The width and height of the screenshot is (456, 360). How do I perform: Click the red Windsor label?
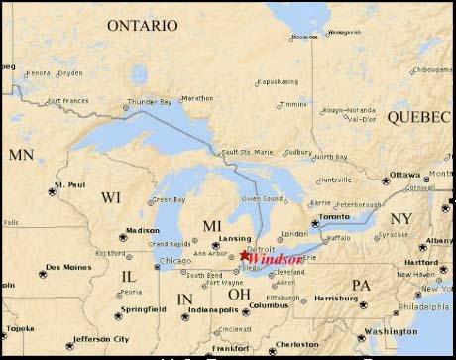[x=273, y=258]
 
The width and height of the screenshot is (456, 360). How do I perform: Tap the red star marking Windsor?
[x=245, y=255]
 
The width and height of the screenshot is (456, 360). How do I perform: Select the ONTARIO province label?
[x=142, y=24]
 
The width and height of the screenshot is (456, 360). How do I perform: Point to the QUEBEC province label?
[x=418, y=117]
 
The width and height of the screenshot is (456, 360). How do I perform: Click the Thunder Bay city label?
[x=151, y=101]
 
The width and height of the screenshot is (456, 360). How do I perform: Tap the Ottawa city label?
[x=404, y=175]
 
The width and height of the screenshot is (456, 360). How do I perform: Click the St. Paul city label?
[x=70, y=184]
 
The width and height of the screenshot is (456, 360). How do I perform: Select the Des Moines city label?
[x=68, y=267]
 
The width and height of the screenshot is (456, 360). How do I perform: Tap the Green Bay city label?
[x=169, y=200]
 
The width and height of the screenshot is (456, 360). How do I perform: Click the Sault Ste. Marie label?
[x=248, y=152]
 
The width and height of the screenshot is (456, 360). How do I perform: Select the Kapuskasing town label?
[x=279, y=82]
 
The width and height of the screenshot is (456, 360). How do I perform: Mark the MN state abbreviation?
[x=21, y=155]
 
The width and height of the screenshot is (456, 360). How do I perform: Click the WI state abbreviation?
[x=110, y=198]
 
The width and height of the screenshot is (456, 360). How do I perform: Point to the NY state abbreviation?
[x=400, y=218]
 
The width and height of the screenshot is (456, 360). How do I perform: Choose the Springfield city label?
[x=143, y=309]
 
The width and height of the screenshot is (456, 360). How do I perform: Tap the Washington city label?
[x=390, y=331]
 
